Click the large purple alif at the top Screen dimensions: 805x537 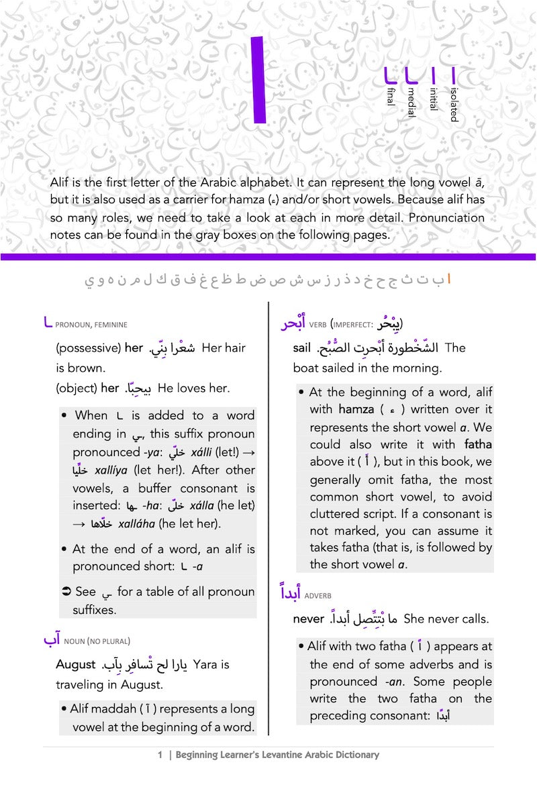click(x=258, y=80)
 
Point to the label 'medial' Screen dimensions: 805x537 click(x=411, y=101)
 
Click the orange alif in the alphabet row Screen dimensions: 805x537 click(x=449, y=279)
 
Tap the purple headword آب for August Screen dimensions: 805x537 click(x=52, y=640)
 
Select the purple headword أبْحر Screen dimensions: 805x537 click(x=293, y=323)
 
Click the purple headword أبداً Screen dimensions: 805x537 click(x=290, y=594)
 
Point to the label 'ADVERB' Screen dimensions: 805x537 click(x=318, y=596)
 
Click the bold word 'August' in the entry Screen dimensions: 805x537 click(x=76, y=664)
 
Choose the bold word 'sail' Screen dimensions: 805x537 click(x=302, y=347)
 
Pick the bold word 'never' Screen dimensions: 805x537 click(x=309, y=619)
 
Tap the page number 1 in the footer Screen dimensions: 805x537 click(x=160, y=755)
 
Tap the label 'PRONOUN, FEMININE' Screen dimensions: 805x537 click(x=91, y=325)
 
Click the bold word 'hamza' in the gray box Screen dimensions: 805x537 click(x=356, y=409)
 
